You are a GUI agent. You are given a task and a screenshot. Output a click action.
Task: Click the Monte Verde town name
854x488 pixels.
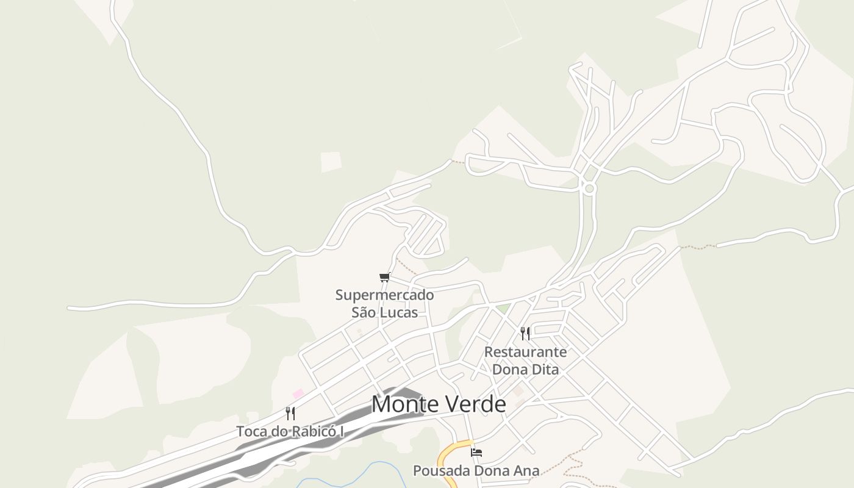[x=438, y=404]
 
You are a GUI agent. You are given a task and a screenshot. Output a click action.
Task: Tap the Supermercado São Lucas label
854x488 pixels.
[x=384, y=304]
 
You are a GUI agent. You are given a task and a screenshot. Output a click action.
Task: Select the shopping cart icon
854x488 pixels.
[x=384, y=278]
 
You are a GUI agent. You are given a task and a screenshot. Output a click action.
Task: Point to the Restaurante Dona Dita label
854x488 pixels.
[x=525, y=361]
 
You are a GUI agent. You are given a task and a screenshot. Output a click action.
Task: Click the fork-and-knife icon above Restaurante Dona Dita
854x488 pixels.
[x=525, y=334]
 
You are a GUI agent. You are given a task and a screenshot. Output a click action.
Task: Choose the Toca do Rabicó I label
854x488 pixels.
[x=290, y=431]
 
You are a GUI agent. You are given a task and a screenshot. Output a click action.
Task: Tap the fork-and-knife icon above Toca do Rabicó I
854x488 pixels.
[x=290, y=414]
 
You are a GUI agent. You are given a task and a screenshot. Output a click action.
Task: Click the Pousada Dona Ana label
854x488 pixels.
[x=476, y=471]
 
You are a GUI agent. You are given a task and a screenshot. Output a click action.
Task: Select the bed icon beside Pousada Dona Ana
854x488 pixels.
[x=476, y=453]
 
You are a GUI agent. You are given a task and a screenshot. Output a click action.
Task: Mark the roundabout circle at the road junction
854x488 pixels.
[x=589, y=189]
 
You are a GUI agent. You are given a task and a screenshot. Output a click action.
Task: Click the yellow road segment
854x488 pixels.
[x=448, y=454]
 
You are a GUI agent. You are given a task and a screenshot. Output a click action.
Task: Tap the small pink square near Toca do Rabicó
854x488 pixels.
[x=298, y=394]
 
